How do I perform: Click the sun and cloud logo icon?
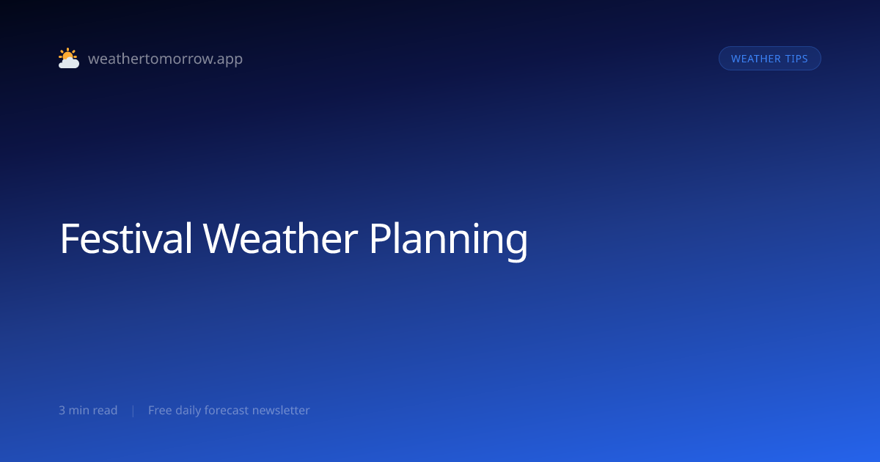tap(69, 58)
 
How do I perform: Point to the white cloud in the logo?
tap(69, 63)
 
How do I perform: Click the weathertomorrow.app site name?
tap(166, 59)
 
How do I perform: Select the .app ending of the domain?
tap(229, 59)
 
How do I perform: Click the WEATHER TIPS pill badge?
tap(769, 59)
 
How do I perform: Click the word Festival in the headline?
tap(126, 238)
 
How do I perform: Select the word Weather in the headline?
tap(280, 238)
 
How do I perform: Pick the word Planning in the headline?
tap(449, 241)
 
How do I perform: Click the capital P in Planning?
tap(380, 239)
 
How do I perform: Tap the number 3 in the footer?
tap(62, 410)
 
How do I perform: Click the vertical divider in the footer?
tap(133, 411)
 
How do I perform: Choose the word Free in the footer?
tap(160, 410)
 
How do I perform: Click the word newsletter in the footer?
tap(281, 410)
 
